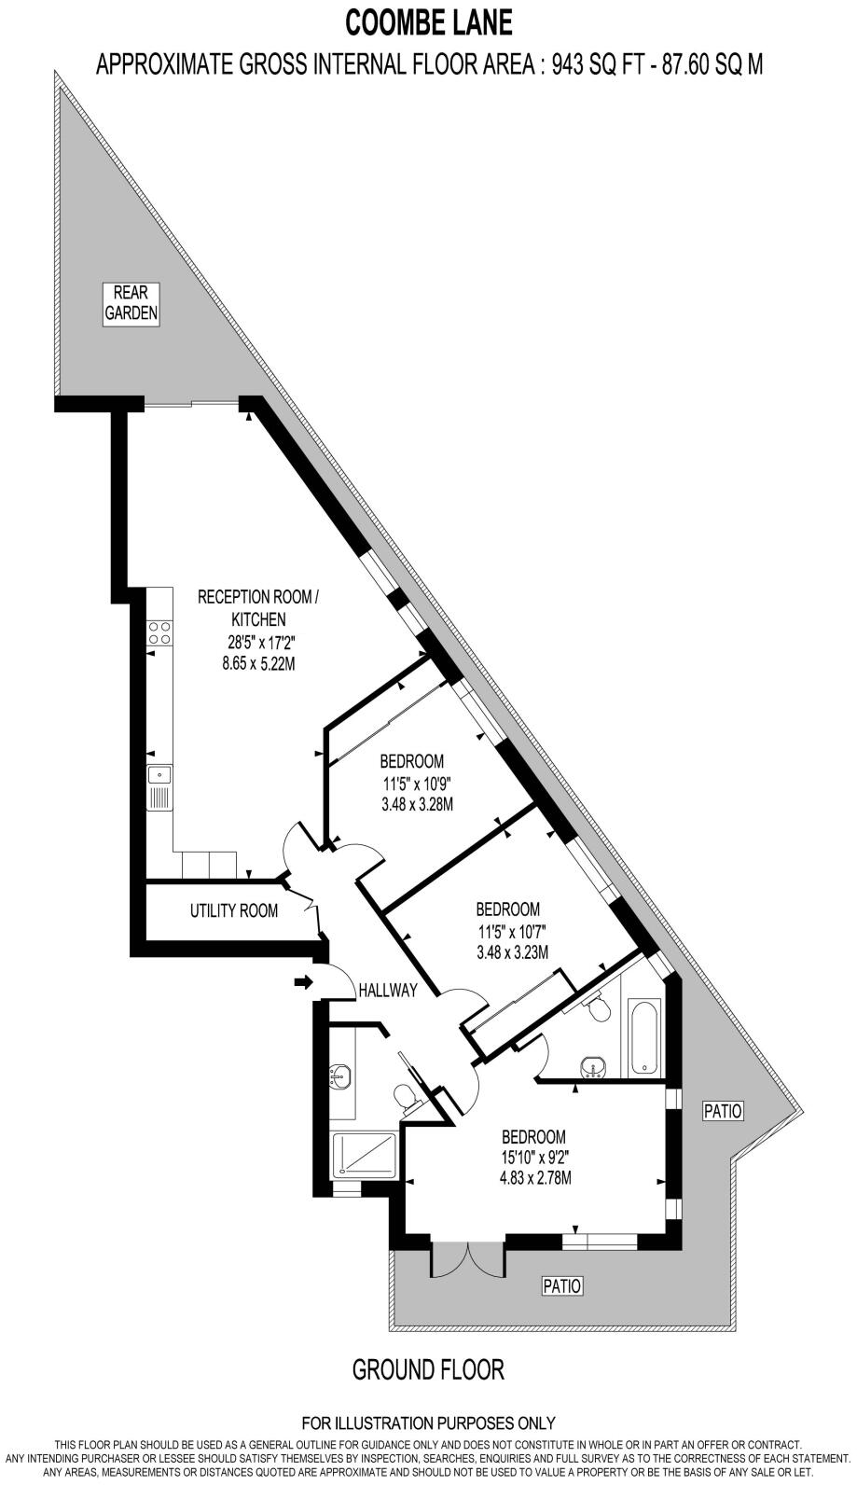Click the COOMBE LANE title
[429, 21]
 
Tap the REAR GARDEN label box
[131, 303]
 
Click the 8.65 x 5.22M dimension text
[251, 664]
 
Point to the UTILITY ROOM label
[233, 910]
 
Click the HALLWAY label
[388, 991]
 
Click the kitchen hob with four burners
[159, 632]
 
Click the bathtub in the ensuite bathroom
[644, 1037]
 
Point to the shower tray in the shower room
[366, 1157]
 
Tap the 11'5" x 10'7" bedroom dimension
[508, 931]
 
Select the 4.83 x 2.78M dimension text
[533, 1177]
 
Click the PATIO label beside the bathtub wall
[723, 1111]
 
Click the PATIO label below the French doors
[562, 1286]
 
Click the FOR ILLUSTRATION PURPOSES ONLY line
[428, 1423]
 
